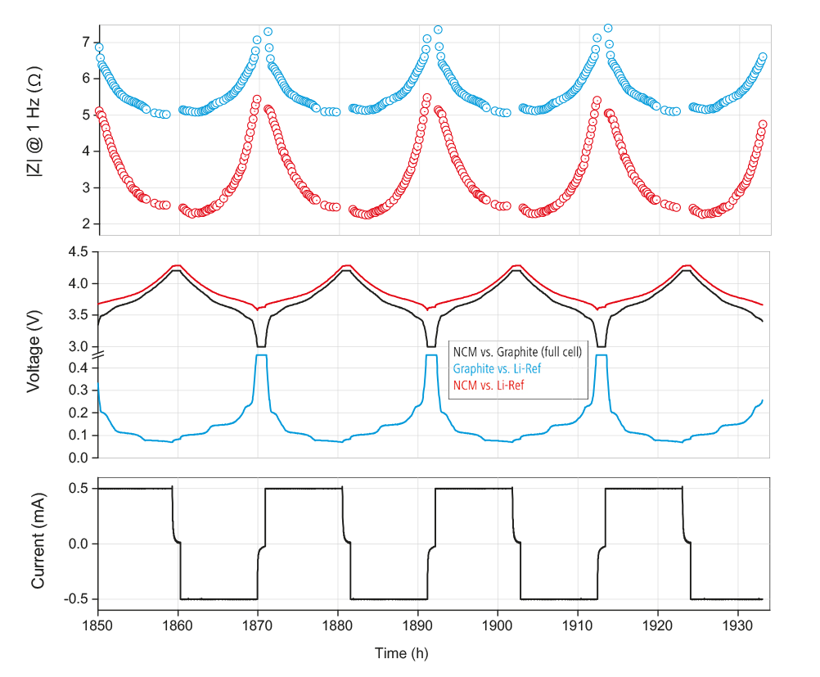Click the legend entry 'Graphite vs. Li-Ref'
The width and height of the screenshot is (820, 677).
click(x=497, y=369)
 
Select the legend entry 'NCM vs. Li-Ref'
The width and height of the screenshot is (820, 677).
click(x=488, y=386)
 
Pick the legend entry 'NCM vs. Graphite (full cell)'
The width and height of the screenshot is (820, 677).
click(x=517, y=353)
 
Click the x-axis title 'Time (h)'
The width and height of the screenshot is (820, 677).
click(x=401, y=653)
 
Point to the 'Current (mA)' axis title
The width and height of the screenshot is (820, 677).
click(x=38, y=544)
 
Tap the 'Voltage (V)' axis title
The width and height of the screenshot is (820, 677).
click(x=34, y=354)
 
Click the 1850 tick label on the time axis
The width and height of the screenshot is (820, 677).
click(x=98, y=624)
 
